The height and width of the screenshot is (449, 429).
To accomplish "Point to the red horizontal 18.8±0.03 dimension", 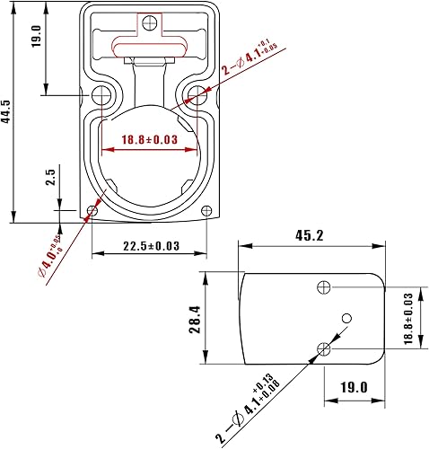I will tap(149, 139).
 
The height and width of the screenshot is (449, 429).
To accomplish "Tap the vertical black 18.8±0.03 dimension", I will tap(407, 317).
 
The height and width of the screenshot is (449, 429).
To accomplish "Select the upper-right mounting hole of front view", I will tap(196, 94).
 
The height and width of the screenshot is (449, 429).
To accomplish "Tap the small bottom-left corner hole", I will tap(92, 211).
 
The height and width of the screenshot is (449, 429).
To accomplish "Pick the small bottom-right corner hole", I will tap(207, 211).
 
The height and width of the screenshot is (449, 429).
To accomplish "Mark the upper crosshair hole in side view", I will tap(325, 287).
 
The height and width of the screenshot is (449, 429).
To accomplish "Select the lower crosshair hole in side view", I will tap(325, 348).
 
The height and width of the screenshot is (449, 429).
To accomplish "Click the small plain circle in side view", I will tap(346, 320).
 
